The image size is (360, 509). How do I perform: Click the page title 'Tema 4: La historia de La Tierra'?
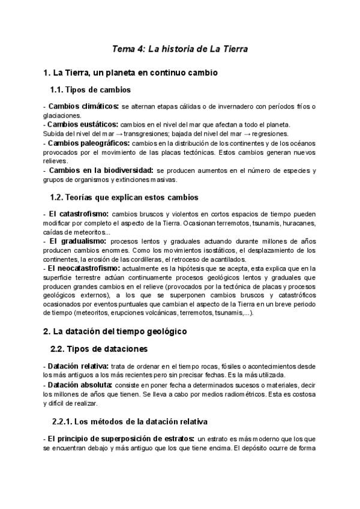pos(181,48)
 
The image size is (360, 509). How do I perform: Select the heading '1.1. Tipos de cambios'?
pos(91,90)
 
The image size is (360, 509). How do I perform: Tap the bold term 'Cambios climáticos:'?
pos(83,106)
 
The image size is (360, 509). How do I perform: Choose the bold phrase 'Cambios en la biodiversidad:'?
pos(101,170)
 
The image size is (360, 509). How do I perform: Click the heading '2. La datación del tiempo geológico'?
pos(115,331)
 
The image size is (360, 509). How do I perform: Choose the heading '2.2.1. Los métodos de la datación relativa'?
pos(130,423)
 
